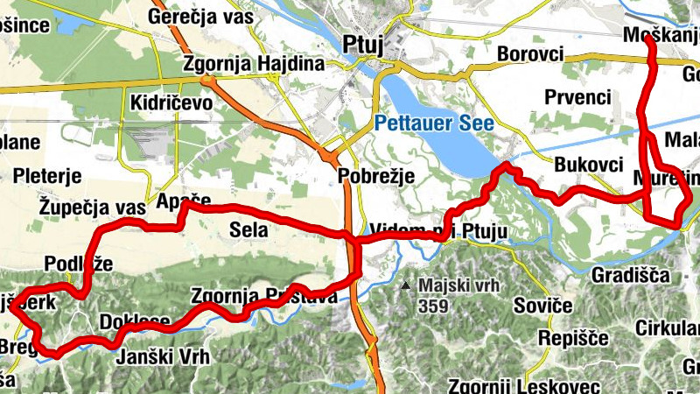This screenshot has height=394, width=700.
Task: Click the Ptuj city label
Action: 363,45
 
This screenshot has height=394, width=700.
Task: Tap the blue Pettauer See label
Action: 436,124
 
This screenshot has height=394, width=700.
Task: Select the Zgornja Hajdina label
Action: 254,65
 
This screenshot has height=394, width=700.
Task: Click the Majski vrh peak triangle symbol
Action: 406,285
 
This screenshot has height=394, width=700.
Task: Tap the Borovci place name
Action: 529,53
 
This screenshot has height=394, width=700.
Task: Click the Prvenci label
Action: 577,96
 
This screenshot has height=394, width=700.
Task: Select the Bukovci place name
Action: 589,165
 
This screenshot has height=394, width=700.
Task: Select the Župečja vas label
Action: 92,208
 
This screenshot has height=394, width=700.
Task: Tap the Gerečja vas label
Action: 199,18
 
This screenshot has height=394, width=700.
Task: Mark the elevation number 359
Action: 433,306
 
